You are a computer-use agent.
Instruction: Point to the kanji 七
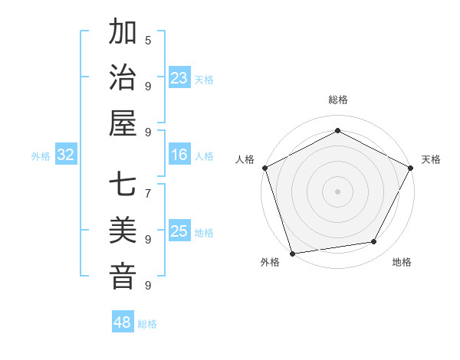click(x=123, y=186)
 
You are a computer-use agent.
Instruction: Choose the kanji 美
click(x=123, y=231)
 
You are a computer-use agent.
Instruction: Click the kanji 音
click(x=123, y=276)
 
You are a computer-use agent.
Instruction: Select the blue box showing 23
click(x=179, y=78)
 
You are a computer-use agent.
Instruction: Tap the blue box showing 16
click(x=179, y=155)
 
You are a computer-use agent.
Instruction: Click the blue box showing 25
click(x=179, y=231)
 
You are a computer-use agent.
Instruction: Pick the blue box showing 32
click(x=66, y=155)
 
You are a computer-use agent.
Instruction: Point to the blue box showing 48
click(x=122, y=322)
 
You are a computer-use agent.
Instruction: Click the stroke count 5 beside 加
click(x=148, y=40)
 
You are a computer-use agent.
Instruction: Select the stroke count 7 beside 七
click(x=148, y=192)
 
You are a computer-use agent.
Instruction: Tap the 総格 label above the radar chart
click(x=337, y=100)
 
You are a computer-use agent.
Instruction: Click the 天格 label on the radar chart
click(x=431, y=159)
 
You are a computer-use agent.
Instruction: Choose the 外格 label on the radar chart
click(x=270, y=262)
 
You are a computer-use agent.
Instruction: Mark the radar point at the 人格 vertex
click(x=264, y=168)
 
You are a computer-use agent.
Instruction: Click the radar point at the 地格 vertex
click(x=374, y=242)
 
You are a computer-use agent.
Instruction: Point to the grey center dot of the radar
click(x=337, y=191)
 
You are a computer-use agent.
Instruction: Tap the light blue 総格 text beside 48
click(x=147, y=324)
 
